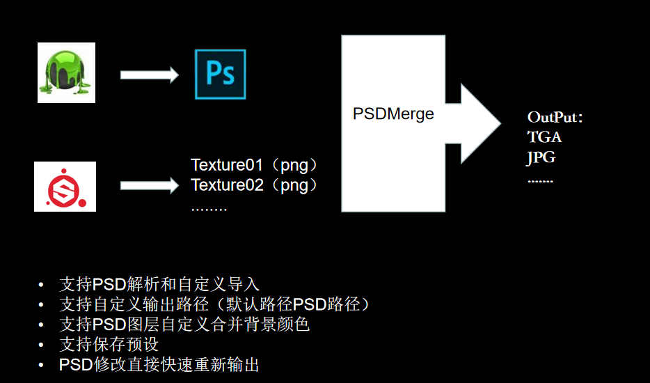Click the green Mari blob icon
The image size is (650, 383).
[66, 72]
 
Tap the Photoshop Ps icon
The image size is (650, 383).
[220, 74]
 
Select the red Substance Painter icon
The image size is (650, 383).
[65, 187]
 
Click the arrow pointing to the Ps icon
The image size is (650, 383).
[149, 75]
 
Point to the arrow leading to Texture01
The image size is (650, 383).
[149, 186]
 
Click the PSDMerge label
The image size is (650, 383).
[393, 114]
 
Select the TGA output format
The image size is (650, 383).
[544, 137]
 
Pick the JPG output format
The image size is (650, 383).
[541, 157]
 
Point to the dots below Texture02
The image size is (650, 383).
[209, 208]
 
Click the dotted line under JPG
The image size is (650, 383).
[540, 180]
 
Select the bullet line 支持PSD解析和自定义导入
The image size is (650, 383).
[159, 284]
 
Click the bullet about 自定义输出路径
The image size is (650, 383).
[215, 304]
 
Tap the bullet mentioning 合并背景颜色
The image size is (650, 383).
[184, 325]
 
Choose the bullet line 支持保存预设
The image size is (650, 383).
[109, 345]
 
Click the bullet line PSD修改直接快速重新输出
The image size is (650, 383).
[159, 365]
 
